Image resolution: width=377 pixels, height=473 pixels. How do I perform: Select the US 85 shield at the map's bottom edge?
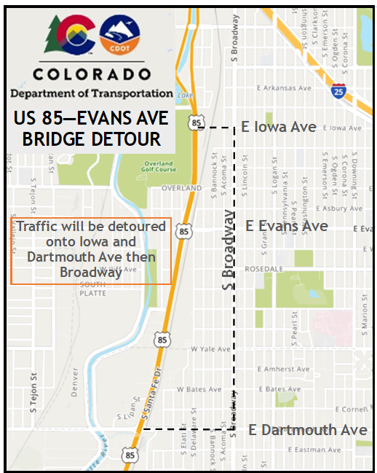130,455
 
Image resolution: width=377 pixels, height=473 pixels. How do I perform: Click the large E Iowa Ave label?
279,128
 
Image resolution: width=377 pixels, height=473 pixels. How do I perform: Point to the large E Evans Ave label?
287,227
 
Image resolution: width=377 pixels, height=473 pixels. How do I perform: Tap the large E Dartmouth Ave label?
308,430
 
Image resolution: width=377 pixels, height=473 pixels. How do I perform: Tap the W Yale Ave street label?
210,349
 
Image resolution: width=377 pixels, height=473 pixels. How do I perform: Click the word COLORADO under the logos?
92,74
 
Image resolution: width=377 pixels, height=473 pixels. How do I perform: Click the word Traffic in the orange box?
39,227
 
